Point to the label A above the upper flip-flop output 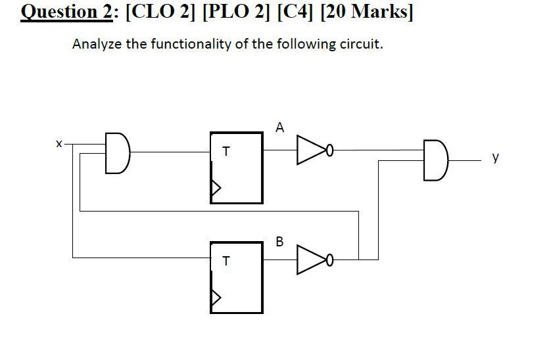[280, 127]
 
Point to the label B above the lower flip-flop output [279, 241]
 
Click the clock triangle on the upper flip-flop [215, 189]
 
